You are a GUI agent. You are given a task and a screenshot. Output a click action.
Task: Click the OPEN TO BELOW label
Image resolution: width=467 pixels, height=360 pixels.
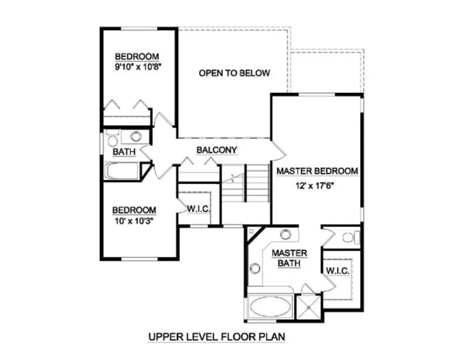pyautogui.click(x=234, y=73)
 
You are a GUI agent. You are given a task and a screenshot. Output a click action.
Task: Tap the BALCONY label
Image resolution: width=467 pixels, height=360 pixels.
pyautogui.click(x=217, y=150)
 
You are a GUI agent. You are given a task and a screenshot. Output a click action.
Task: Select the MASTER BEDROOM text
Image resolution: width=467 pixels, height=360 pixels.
pyautogui.click(x=317, y=171)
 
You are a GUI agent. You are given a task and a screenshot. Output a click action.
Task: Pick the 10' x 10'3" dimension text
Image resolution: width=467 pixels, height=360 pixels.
pyautogui.click(x=134, y=221)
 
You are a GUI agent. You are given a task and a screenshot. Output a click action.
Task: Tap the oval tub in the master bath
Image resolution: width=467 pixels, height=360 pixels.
pyautogui.click(x=270, y=308)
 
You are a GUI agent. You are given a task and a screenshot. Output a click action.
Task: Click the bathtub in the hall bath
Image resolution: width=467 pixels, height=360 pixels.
pyautogui.click(x=122, y=171)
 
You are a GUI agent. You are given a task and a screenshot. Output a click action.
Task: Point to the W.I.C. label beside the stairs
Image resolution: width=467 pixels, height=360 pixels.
pyautogui.click(x=198, y=209)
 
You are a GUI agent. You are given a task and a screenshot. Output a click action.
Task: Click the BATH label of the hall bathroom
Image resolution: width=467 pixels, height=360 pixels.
pyautogui.click(x=124, y=152)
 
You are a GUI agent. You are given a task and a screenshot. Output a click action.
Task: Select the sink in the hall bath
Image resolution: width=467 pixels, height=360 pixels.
pyautogui.click(x=135, y=136)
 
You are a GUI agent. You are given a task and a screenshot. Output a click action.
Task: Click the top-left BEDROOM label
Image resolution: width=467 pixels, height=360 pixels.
pyautogui.click(x=137, y=57)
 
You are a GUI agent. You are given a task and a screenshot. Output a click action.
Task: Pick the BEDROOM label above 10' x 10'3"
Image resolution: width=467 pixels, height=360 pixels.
pyautogui.click(x=134, y=210)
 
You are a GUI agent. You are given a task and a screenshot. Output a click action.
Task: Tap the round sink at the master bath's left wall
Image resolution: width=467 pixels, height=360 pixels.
pyautogui.click(x=255, y=268)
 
